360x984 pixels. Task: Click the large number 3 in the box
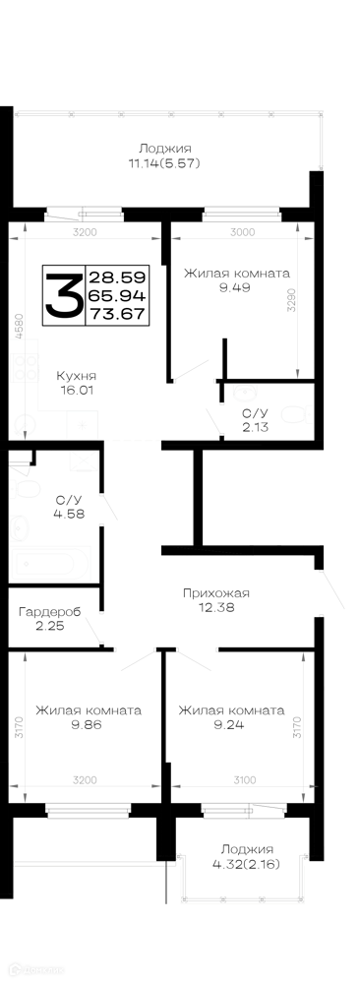[x=63, y=295]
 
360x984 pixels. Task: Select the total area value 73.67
[x=118, y=314]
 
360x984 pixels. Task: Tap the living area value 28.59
[x=118, y=277]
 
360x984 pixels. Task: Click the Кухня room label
[x=76, y=376]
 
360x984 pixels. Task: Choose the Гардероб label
[x=50, y=611]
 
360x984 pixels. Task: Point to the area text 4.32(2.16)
[x=246, y=864]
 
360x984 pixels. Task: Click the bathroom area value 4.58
[x=70, y=514]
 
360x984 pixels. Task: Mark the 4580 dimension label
[x=20, y=327]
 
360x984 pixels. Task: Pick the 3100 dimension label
[x=245, y=780]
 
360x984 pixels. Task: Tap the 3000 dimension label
[x=243, y=232]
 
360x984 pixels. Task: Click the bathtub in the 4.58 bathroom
[x=51, y=564]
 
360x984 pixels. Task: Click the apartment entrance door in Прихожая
[x=331, y=590]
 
